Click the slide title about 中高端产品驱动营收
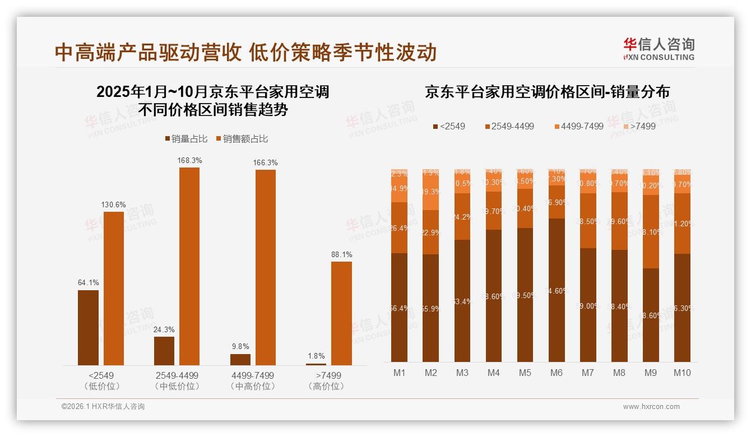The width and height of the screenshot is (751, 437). click(x=245, y=53)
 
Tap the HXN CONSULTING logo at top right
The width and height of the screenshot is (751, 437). click(x=659, y=49)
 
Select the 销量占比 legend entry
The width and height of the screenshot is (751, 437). click(x=187, y=139)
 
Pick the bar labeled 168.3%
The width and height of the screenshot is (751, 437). click(x=189, y=266)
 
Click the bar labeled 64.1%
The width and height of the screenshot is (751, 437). click(x=88, y=328)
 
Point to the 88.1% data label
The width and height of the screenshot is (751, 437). click(x=341, y=254)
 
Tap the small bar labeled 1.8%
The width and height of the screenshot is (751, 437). click(x=316, y=364)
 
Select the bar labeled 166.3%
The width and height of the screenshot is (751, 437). click(x=266, y=267)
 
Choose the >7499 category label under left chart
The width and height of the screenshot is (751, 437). click(x=328, y=375)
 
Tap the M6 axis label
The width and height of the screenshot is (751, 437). click(x=557, y=373)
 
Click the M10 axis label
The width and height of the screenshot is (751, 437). click(x=682, y=373)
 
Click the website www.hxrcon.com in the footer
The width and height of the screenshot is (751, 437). click(x=651, y=407)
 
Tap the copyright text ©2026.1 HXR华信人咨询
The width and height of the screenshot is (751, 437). click(x=103, y=407)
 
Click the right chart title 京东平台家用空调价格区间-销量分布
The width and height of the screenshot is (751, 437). click(x=547, y=92)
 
